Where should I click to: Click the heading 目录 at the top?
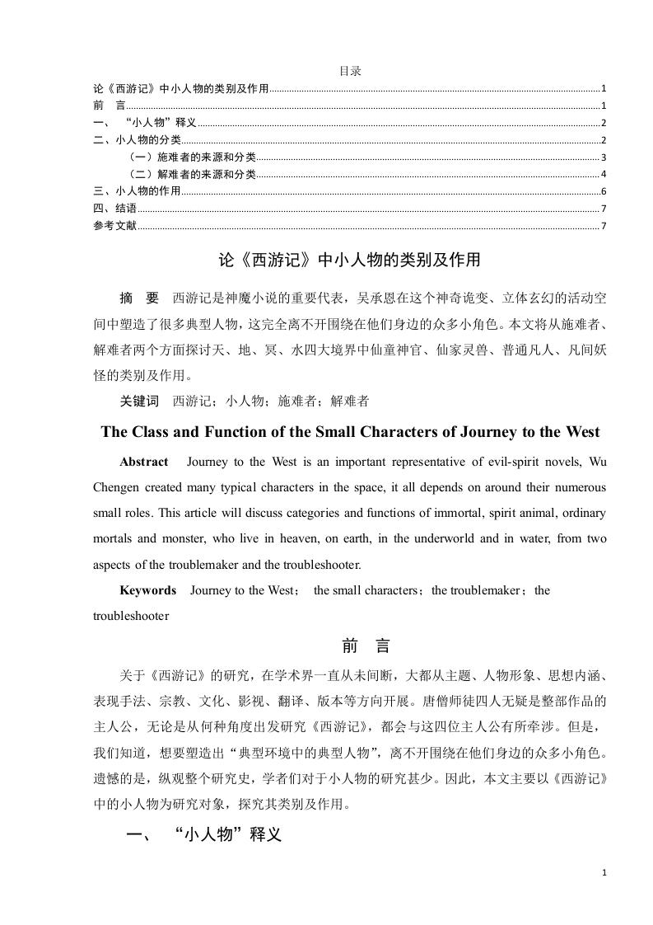[x=350, y=72]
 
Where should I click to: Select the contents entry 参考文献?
[x=114, y=226]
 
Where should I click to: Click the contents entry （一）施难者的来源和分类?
[x=190, y=157]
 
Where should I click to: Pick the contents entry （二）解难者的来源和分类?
[x=190, y=174]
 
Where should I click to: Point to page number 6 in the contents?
[x=604, y=191]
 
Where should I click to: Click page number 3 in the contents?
[x=604, y=157]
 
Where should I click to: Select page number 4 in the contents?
[x=604, y=174]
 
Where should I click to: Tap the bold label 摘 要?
[x=138, y=297]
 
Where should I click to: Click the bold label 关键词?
[x=138, y=401]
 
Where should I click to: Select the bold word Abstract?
[x=143, y=462]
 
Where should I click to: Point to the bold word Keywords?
[x=147, y=590]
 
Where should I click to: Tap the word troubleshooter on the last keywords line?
[x=131, y=616]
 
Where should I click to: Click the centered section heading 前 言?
[x=350, y=646]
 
